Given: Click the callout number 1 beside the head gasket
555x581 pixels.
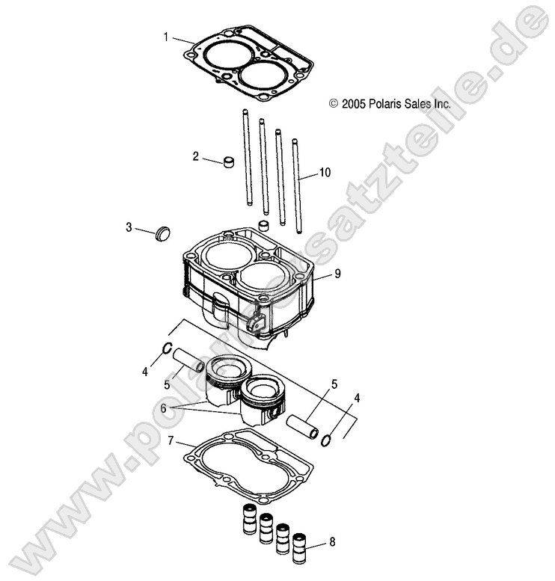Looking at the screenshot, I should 166,36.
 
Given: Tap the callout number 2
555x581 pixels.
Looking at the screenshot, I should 196,156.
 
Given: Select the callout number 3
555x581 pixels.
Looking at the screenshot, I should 129,227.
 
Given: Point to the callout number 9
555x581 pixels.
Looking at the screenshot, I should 337,274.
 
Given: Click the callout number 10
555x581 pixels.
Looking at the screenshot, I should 325,173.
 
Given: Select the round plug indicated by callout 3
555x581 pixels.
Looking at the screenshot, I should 162,233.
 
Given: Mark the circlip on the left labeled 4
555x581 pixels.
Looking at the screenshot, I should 169,348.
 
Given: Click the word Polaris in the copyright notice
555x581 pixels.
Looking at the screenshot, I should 386,105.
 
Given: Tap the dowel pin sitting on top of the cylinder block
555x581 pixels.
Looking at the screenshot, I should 263,226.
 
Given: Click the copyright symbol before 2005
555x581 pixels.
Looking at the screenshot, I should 334,105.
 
